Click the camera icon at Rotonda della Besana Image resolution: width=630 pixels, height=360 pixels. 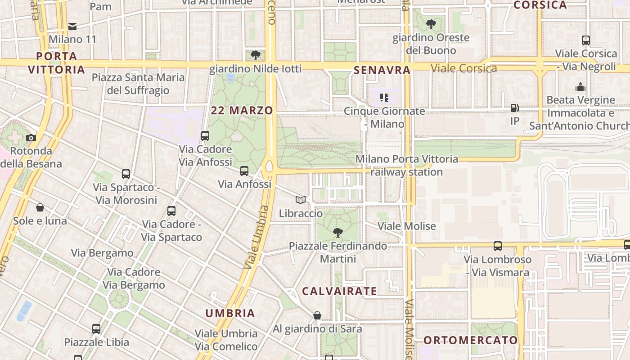[x=31, y=138]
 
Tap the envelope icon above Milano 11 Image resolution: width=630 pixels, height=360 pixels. [x=72, y=27]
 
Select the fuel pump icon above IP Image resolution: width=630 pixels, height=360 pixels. [x=514, y=108]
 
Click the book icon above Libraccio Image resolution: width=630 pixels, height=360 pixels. [x=301, y=200]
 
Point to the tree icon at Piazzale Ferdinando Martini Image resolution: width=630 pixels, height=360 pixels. [x=337, y=233]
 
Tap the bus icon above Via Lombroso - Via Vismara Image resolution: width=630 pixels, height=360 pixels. [x=497, y=246]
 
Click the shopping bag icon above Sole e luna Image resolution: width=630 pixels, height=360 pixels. [x=40, y=207]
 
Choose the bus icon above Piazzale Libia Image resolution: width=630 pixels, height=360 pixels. [x=96, y=329]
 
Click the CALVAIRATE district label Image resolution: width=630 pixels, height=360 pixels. [x=339, y=291]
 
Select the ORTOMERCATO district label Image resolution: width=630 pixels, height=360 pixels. [x=471, y=340]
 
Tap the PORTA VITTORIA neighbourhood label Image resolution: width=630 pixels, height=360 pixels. [x=56, y=63]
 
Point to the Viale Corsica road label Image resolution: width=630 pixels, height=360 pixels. [x=463, y=68]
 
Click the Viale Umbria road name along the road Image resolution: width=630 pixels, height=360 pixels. [x=256, y=238]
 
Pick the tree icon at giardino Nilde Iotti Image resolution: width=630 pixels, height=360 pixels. [x=256, y=55]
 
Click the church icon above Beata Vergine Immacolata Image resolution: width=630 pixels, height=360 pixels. [x=580, y=87]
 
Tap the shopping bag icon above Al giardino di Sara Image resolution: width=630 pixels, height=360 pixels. [x=317, y=315]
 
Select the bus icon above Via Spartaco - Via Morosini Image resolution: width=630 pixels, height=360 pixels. [x=126, y=174]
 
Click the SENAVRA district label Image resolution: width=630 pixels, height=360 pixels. [x=382, y=70]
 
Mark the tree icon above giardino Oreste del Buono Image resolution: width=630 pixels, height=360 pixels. [x=431, y=24]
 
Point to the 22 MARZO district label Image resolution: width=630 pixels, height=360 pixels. [x=242, y=111]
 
